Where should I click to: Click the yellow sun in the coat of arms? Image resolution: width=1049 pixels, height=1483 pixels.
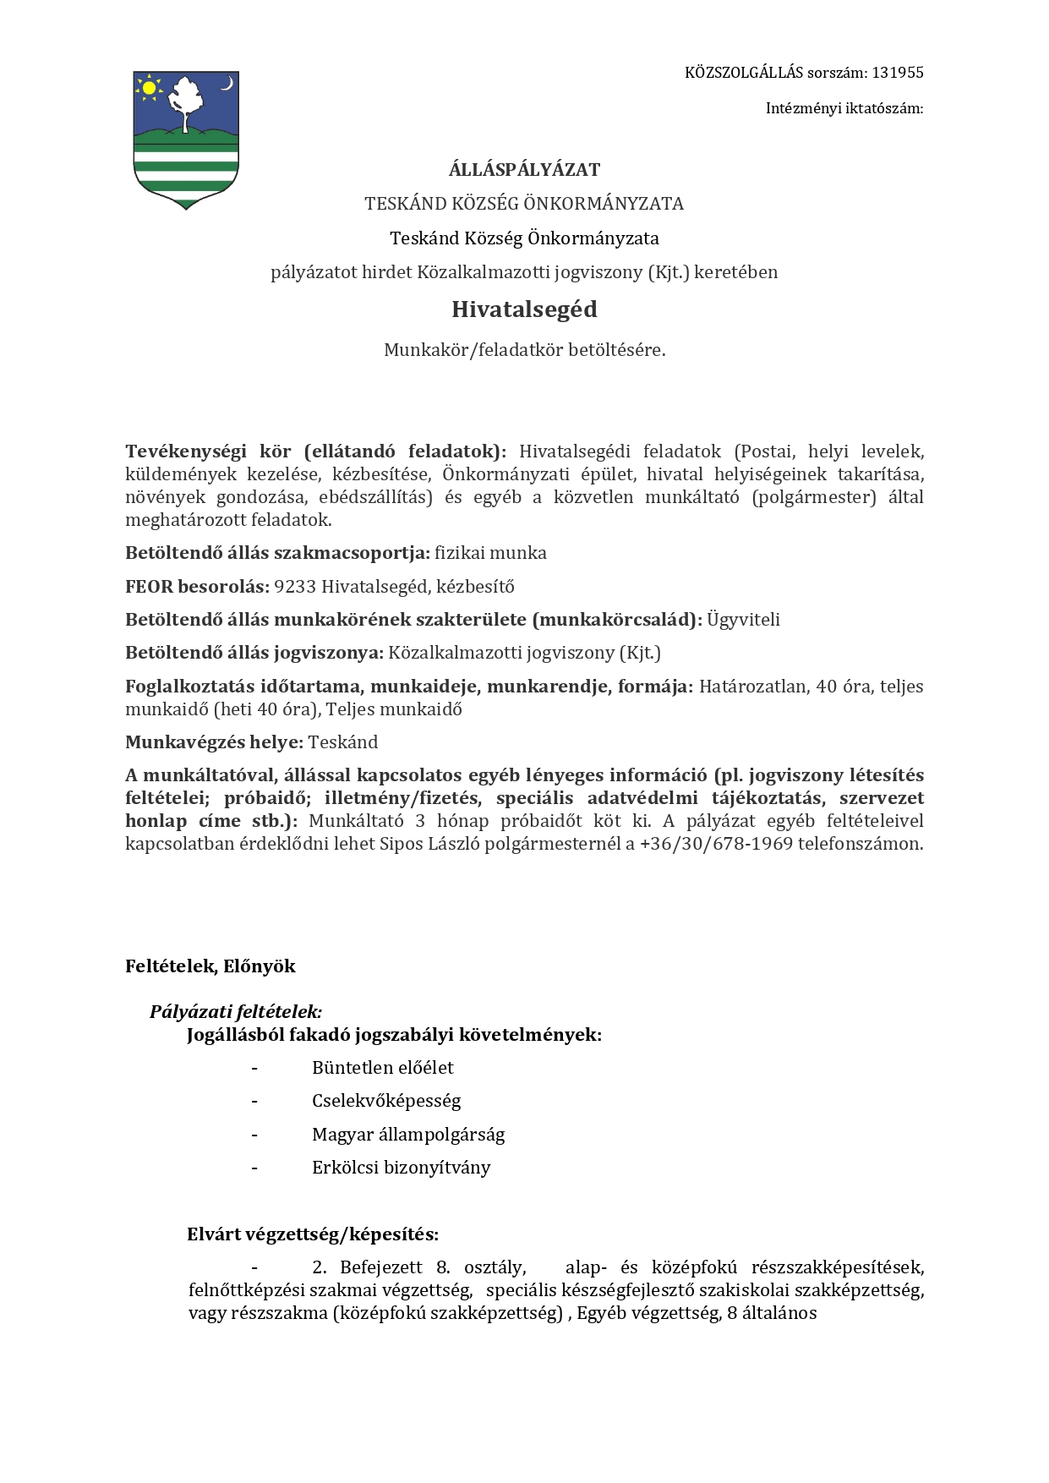tap(150, 87)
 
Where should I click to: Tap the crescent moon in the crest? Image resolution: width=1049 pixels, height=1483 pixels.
tap(227, 83)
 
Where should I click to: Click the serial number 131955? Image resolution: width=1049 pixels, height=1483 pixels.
tap(898, 73)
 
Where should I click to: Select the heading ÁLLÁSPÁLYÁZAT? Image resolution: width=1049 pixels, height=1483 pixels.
tap(524, 170)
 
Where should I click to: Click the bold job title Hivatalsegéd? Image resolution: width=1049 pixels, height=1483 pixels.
tap(524, 309)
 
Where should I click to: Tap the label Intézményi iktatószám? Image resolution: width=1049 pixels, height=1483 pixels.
tap(844, 108)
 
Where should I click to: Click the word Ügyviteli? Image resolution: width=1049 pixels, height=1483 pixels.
tap(743, 620)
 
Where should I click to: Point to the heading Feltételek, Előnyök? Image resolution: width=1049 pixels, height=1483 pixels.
tap(210, 966)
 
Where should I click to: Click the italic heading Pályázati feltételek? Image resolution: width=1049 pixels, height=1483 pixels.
tap(236, 1011)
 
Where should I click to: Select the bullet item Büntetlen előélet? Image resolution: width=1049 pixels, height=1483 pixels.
tap(382, 1068)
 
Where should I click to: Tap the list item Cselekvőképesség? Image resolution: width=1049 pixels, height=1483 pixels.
tap(386, 1101)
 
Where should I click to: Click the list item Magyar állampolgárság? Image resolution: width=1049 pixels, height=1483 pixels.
tap(408, 1135)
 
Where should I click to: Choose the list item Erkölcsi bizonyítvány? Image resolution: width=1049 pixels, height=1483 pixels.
tap(401, 1168)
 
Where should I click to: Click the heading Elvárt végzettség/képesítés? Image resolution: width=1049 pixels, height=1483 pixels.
tap(313, 1234)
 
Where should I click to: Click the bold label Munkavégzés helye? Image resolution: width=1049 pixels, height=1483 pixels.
tap(214, 742)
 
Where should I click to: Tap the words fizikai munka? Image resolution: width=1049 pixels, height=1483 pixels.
tap(490, 553)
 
